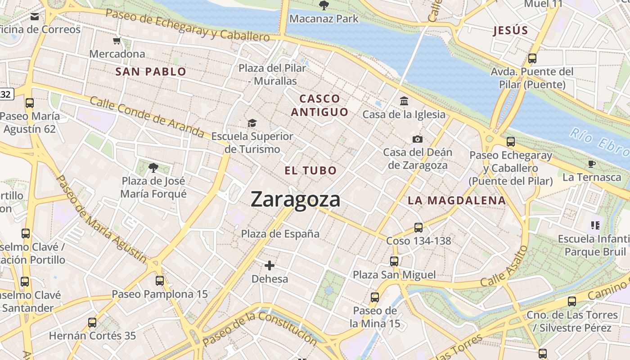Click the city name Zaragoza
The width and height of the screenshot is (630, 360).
click(x=295, y=199)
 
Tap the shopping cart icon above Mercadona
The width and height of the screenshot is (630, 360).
click(x=117, y=41)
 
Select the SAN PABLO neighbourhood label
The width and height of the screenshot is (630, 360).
click(x=151, y=72)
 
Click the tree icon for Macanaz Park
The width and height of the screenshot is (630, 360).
click(x=323, y=5)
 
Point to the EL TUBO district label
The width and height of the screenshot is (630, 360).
click(x=310, y=171)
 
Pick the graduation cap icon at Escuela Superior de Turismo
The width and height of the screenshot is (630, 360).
click(x=252, y=123)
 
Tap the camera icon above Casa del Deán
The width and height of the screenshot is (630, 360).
click(x=418, y=139)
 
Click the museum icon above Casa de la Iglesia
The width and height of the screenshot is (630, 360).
click(x=404, y=101)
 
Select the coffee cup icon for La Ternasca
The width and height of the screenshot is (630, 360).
click(x=592, y=164)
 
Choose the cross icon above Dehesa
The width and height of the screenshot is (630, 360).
click(x=270, y=265)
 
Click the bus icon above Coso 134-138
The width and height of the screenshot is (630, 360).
click(x=418, y=228)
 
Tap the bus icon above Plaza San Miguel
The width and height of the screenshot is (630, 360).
click(x=394, y=261)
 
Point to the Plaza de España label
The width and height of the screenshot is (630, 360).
click(x=280, y=234)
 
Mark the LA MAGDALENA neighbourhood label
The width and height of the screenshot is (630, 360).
click(x=457, y=201)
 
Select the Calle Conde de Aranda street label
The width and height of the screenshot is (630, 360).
click(x=147, y=116)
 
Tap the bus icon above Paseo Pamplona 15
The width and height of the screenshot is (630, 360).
click(x=160, y=281)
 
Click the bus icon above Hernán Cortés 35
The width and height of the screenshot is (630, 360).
click(x=92, y=322)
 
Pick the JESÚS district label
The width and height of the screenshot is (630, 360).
click(x=510, y=31)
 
